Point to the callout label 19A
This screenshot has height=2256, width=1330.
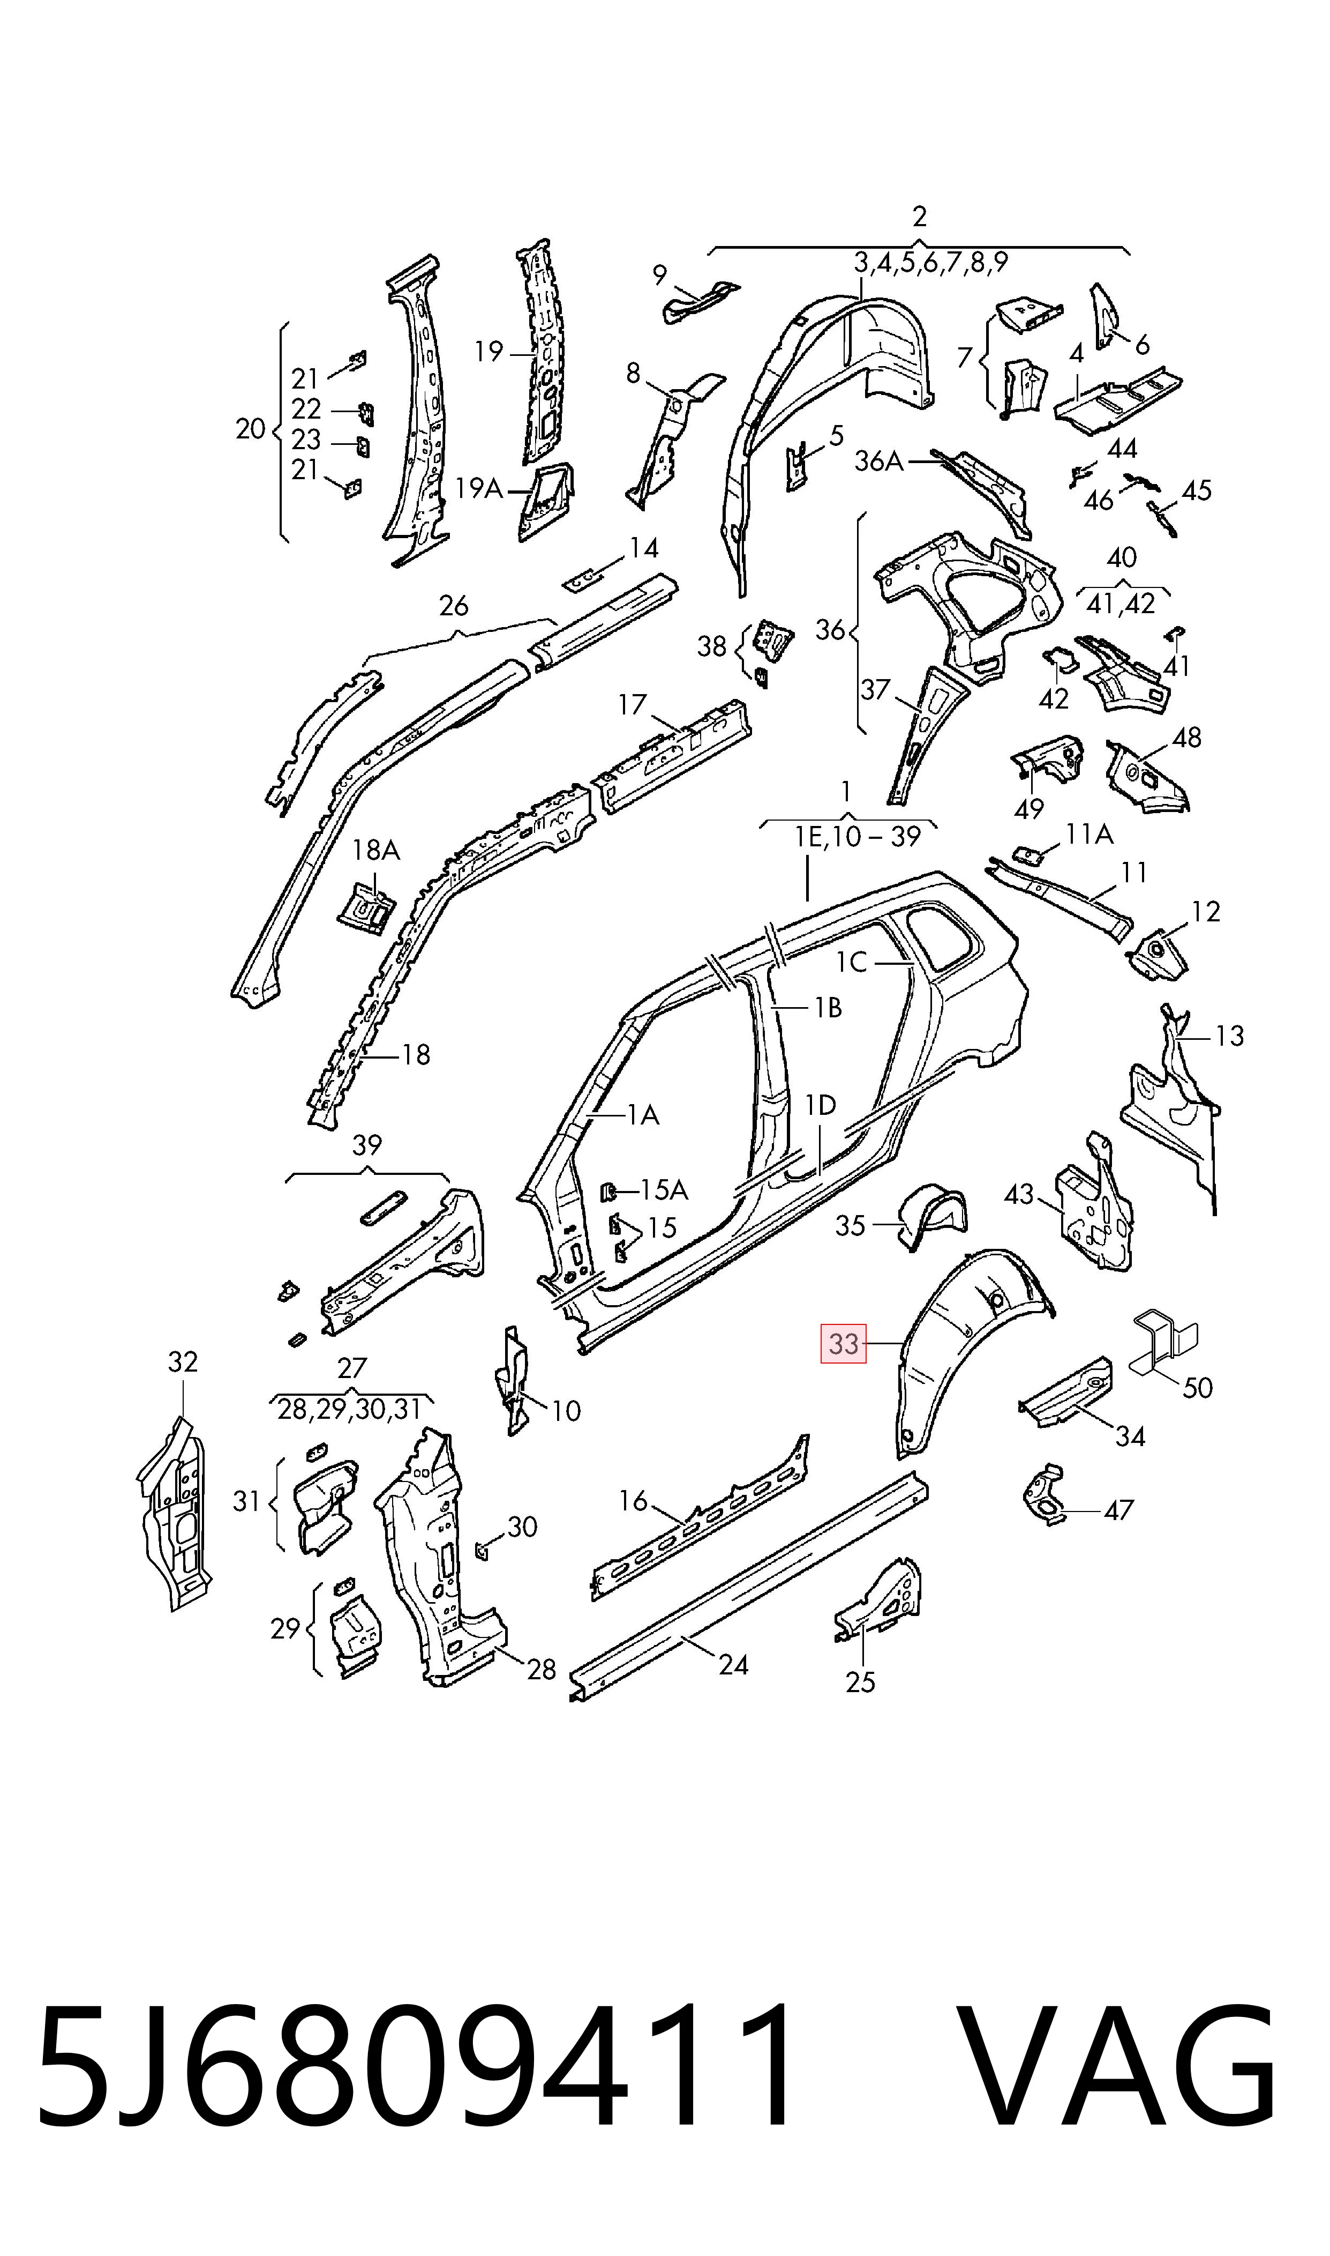(478, 489)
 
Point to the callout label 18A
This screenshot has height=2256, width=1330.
(377, 849)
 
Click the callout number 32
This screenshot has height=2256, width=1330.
(183, 1362)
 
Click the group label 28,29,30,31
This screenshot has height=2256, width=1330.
(350, 1410)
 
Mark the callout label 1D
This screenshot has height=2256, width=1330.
(820, 1106)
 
